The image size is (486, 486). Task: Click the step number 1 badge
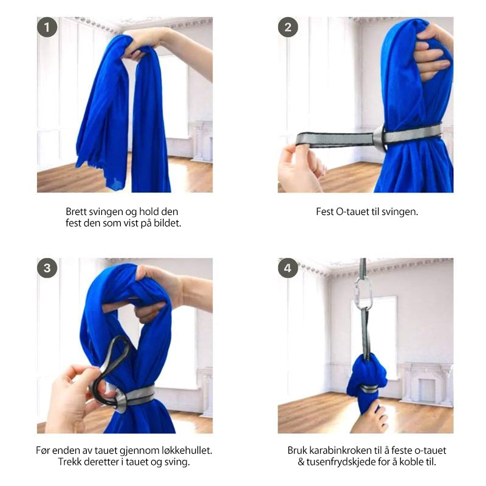[47, 27]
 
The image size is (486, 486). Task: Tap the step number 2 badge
[288, 27]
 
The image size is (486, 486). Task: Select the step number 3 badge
[47, 268]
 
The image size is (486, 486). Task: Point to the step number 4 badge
[288, 268]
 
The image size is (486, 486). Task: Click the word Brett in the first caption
[77, 211]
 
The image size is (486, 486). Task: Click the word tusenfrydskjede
[343, 462]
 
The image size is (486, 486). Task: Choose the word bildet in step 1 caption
[168, 223]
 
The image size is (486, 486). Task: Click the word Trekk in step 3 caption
[69, 462]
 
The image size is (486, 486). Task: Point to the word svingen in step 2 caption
[399, 212]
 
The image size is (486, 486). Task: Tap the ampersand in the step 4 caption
[301, 462]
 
